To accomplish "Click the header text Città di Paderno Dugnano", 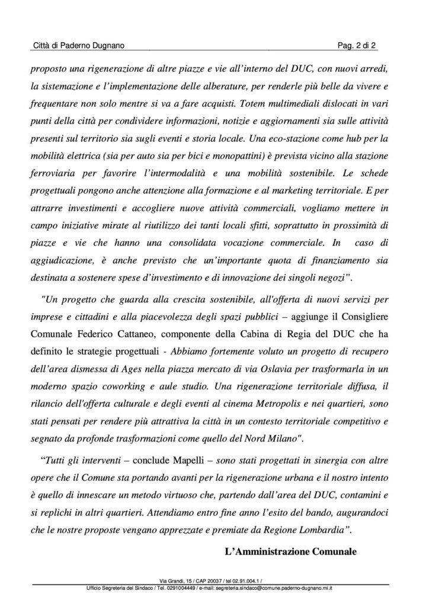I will click(x=78, y=46).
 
